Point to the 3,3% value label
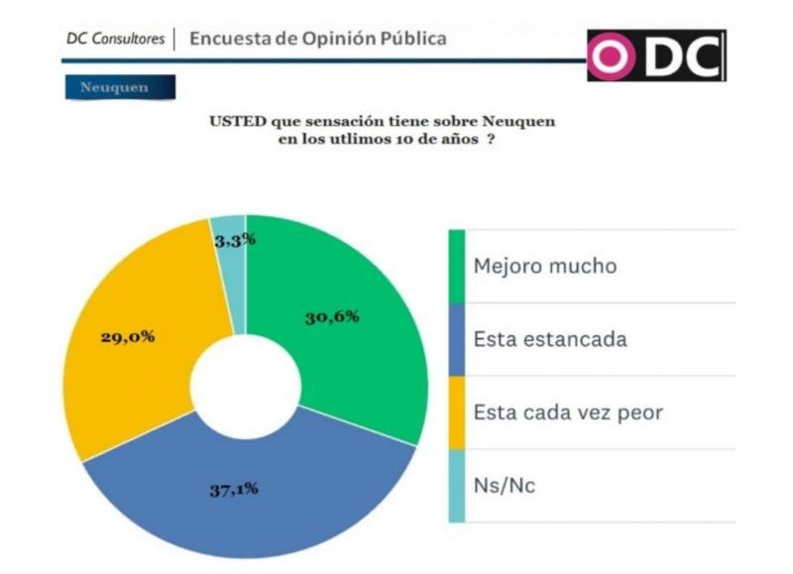tap(235, 239)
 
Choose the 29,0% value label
tap(127, 336)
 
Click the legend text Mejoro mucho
tap(544, 266)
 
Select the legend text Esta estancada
tap(550, 339)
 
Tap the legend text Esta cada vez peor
tap(567, 411)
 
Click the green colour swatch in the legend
tap(457, 267)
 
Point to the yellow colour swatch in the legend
tap(457, 411)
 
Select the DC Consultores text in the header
tap(116, 40)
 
